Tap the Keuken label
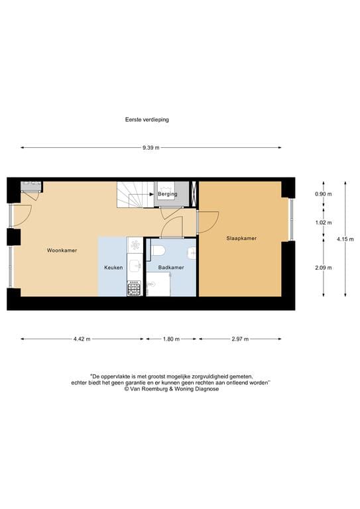[x=113, y=267]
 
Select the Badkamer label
[x=171, y=267]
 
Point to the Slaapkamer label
[x=242, y=238]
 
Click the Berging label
[x=167, y=195]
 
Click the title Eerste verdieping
[x=147, y=120]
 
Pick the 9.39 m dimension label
[x=150, y=148]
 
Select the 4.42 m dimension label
[x=82, y=339]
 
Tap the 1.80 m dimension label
[x=170, y=339]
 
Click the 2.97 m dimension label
[x=239, y=339]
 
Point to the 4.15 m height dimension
[x=345, y=239]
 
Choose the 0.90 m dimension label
[x=324, y=194]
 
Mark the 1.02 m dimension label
[x=324, y=223]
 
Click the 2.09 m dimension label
[x=324, y=268]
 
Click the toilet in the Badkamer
[x=158, y=251]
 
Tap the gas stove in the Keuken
[x=134, y=288]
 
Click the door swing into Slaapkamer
[x=208, y=221]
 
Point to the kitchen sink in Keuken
[x=135, y=265]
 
